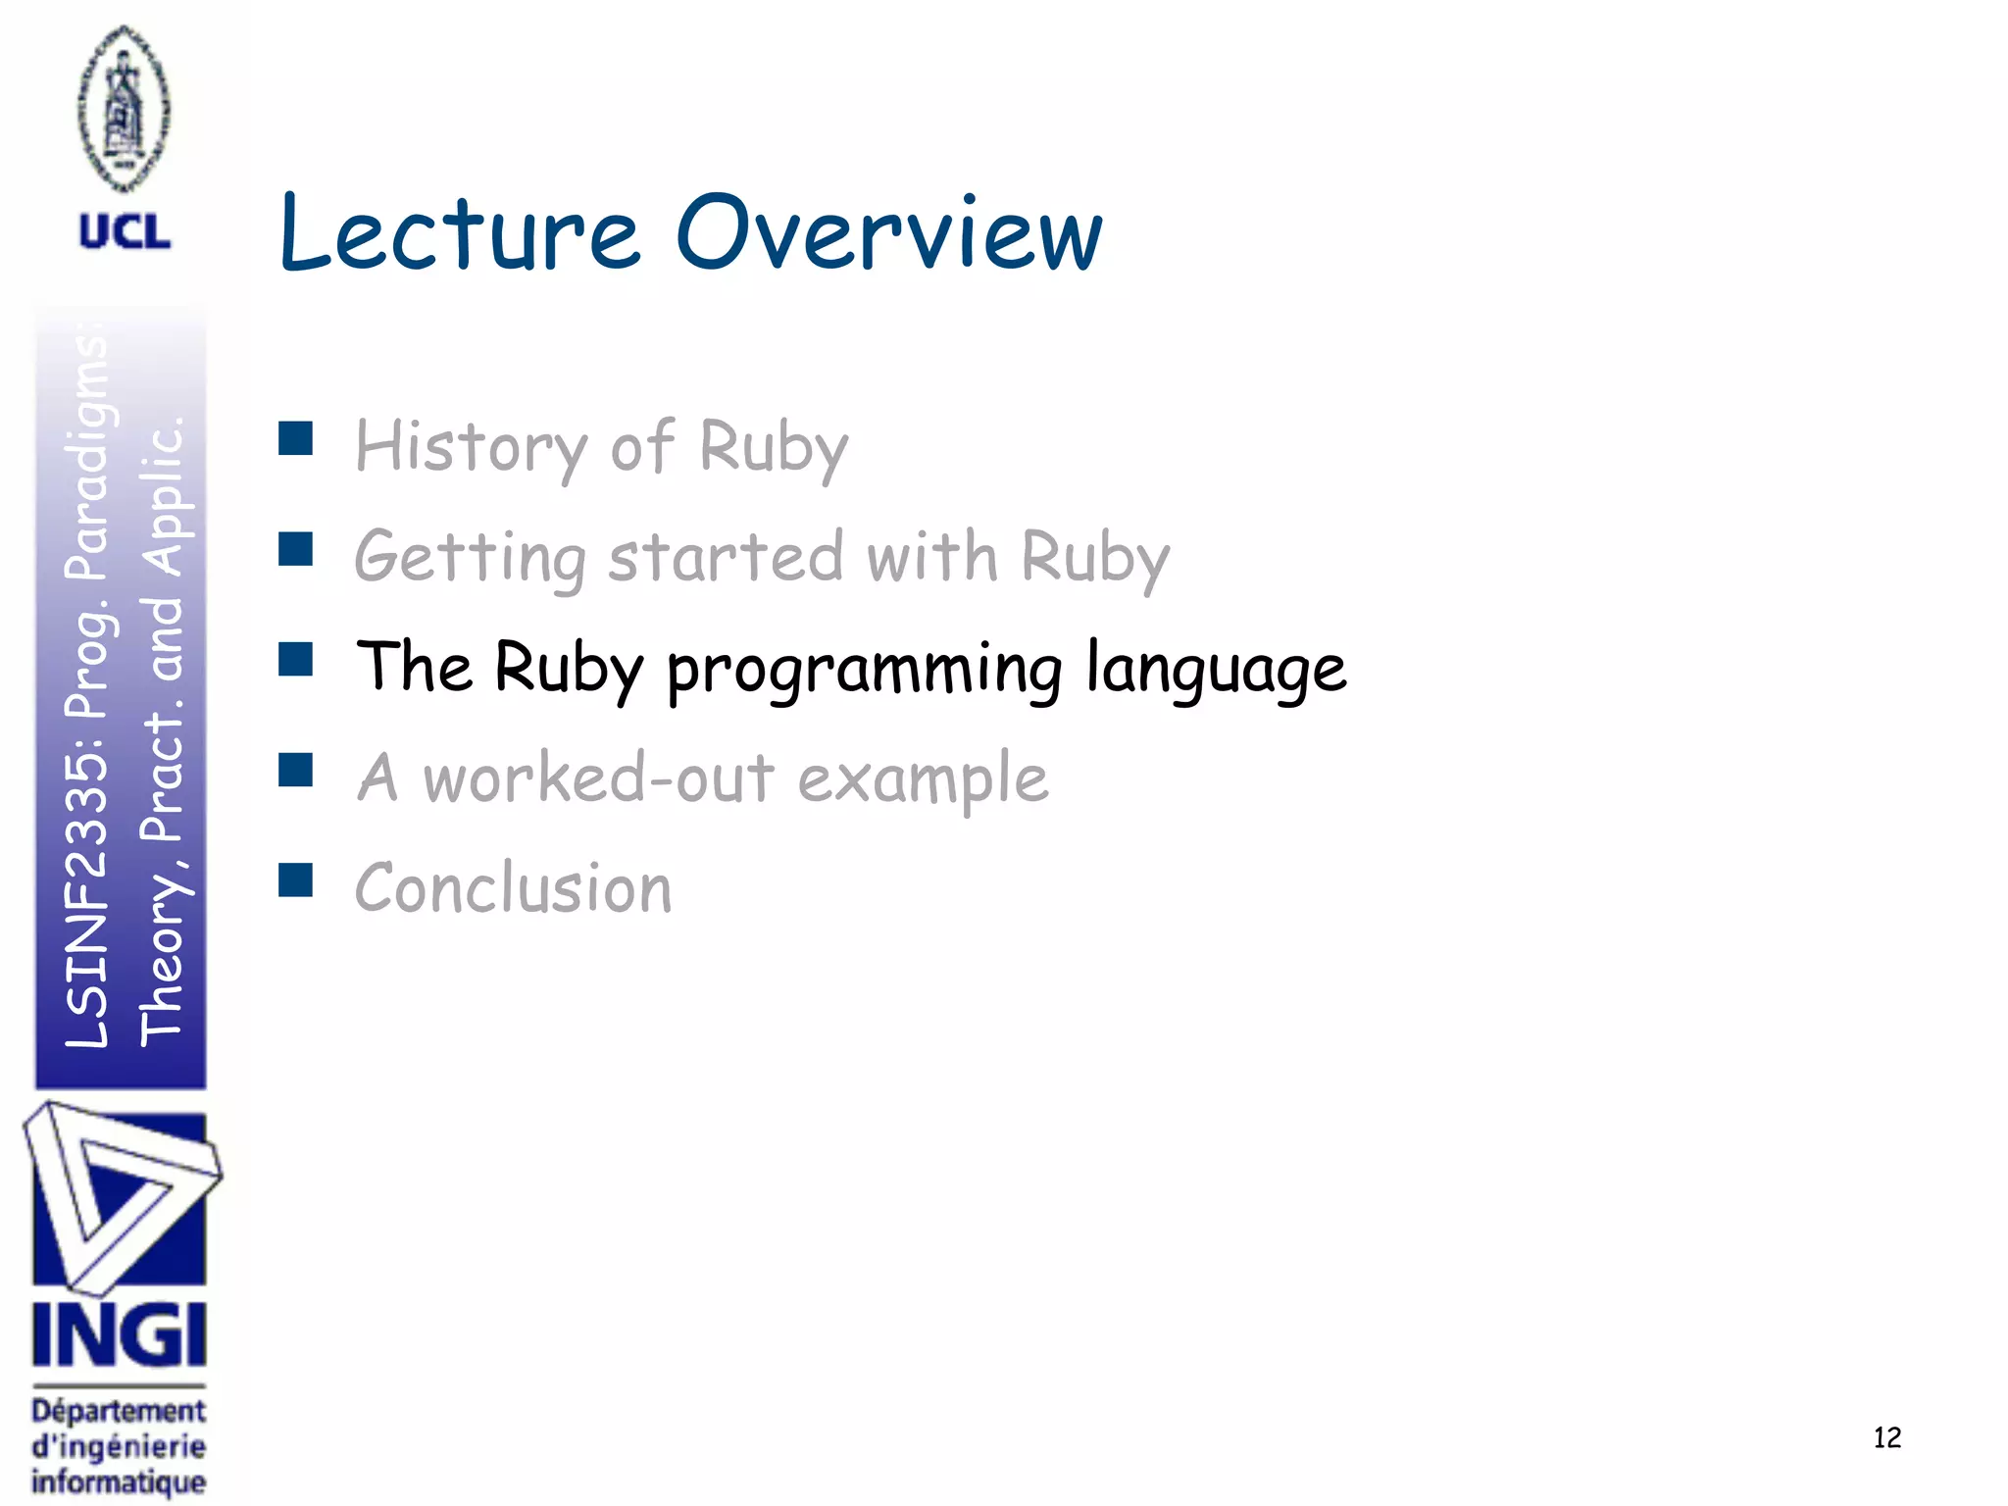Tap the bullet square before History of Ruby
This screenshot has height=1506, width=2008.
[x=295, y=438]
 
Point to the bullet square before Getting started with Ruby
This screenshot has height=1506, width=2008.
[x=295, y=549]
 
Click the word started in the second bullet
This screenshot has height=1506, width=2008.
[x=725, y=557]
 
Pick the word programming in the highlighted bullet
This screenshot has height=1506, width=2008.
[x=864, y=670]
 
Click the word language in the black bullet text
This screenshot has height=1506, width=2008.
[x=1216, y=670]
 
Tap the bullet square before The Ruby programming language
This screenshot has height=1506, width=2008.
[x=295, y=660]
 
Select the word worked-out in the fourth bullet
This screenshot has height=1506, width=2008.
[x=598, y=778]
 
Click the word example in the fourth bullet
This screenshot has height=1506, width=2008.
[x=923, y=780]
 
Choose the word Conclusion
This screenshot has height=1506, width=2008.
[x=513, y=888]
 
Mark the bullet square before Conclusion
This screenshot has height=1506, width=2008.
[x=295, y=880]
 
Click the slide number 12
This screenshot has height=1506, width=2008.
[x=1886, y=1437]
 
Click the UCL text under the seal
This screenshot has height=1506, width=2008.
[x=125, y=232]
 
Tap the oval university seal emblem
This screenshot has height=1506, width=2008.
[x=124, y=108]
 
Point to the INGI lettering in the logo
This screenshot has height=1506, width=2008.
[x=119, y=1334]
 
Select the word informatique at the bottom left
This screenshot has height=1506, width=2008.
[x=119, y=1481]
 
